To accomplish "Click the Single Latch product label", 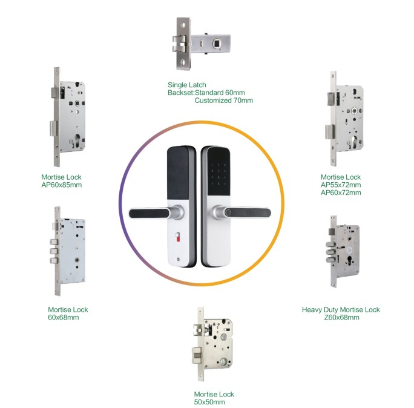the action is click(x=186, y=85).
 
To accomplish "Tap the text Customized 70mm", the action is click(x=223, y=100).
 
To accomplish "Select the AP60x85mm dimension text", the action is click(x=62, y=185).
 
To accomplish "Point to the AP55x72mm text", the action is click(x=341, y=185).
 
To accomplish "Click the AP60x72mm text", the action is click(x=341, y=192).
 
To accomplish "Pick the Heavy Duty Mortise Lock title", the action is click(x=341, y=309).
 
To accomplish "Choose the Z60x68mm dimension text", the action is click(x=341, y=317).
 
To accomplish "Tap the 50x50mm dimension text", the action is click(x=209, y=402).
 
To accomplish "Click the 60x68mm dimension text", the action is click(x=64, y=317).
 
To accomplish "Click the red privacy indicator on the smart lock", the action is click(x=178, y=237).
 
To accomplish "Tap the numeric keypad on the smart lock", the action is click(x=218, y=174).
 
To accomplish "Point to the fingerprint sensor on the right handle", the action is click(x=229, y=212).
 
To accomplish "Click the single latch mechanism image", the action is click(x=201, y=44).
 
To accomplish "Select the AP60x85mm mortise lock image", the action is click(x=68, y=117).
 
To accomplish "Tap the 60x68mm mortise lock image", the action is click(x=68, y=251).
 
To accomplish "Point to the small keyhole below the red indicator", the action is click(x=179, y=259).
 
